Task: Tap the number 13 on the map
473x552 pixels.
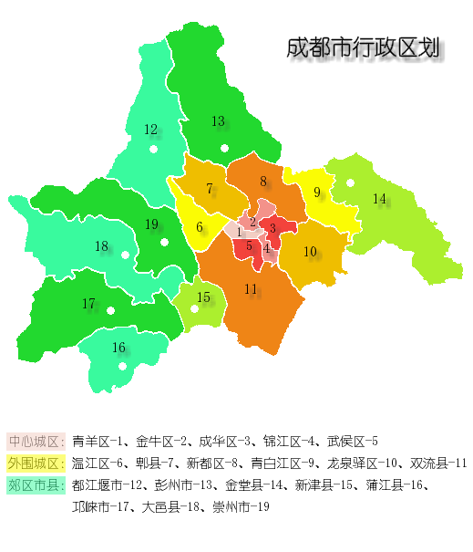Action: (218, 121)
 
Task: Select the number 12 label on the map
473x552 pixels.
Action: (150, 130)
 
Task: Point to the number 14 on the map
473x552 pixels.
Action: (379, 199)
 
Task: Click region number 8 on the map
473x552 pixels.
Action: (262, 182)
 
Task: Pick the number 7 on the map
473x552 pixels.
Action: (210, 190)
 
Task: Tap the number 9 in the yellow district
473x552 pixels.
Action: (317, 193)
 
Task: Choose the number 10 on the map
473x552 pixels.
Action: (310, 252)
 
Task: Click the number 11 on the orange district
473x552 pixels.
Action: (251, 289)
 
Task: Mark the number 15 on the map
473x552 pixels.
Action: (203, 297)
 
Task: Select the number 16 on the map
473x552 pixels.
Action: (118, 348)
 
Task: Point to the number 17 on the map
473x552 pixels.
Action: (88, 304)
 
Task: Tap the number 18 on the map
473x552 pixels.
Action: (101, 245)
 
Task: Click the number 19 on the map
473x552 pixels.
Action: (151, 224)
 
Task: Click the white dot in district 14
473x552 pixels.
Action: (350, 182)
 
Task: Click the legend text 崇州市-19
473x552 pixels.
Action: (240, 506)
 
